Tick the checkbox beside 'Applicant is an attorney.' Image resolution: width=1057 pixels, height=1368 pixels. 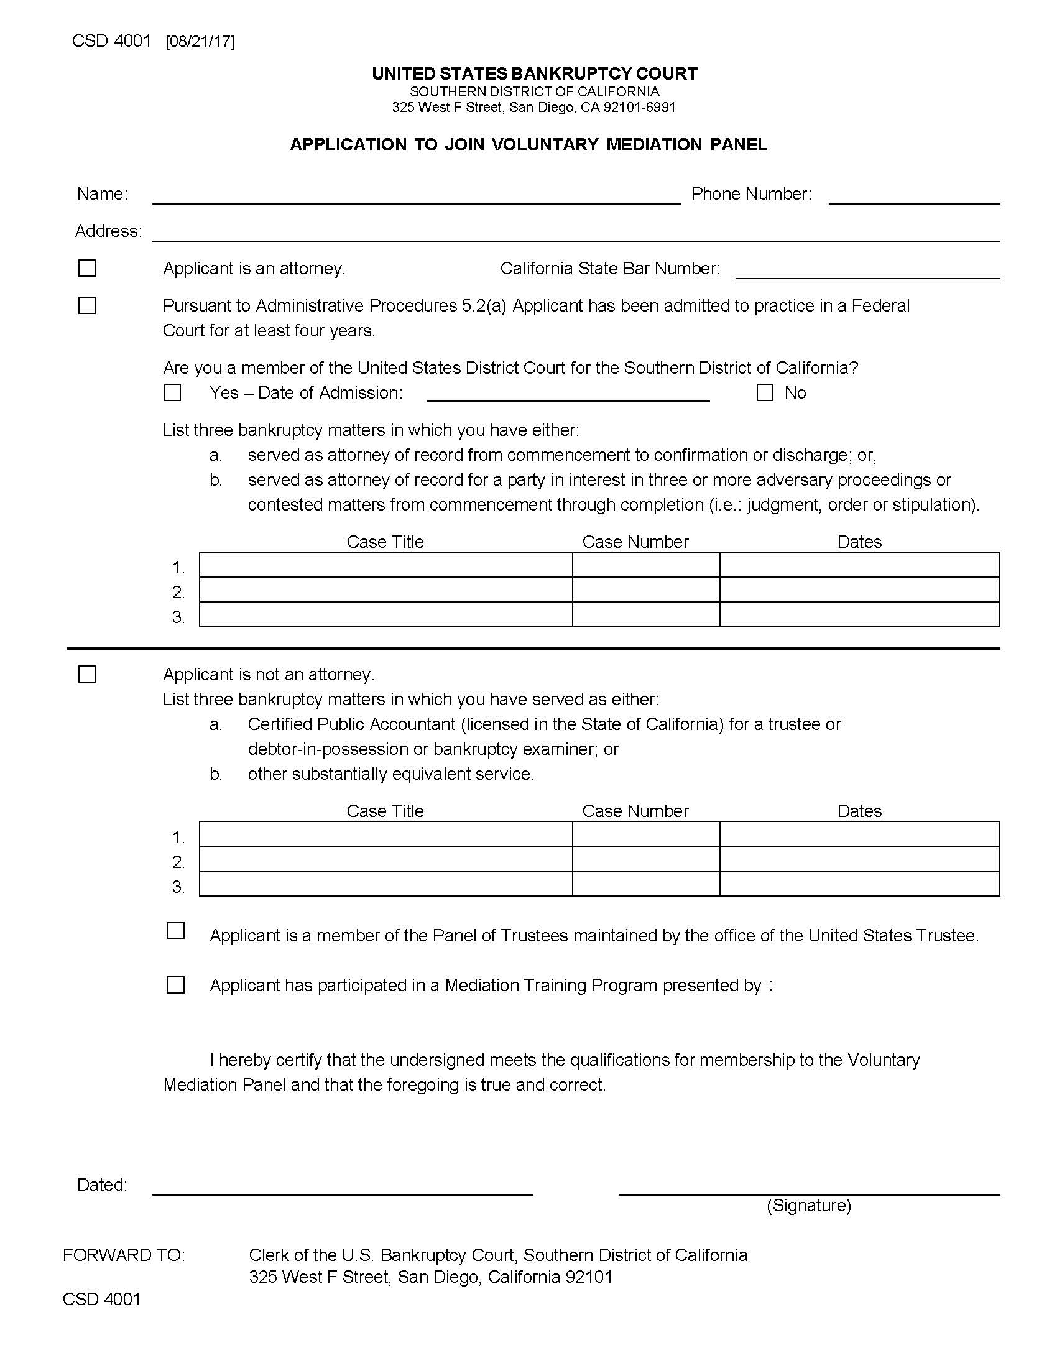click(87, 268)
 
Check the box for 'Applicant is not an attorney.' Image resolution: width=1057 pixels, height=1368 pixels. click(87, 674)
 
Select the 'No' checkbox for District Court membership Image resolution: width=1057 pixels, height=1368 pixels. click(765, 393)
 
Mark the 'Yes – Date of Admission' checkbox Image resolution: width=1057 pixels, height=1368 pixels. click(172, 393)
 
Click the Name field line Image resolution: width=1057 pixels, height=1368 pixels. click(417, 195)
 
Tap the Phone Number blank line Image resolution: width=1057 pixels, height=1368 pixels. click(913, 195)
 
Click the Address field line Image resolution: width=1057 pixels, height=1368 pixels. click(576, 233)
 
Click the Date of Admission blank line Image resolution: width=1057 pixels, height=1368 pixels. click(567, 394)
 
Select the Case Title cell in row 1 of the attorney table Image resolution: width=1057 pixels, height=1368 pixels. click(385, 565)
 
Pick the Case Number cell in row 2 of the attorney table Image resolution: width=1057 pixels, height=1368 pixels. click(645, 590)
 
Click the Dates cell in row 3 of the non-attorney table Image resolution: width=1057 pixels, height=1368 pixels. click(859, 884)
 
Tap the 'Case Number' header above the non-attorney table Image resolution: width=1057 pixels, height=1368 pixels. click(635, 811)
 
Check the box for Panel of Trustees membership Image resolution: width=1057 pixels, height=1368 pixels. click(176, 930)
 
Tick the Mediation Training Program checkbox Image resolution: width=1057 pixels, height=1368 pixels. click(176, 986)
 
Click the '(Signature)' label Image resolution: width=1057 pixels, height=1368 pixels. click(808, 1205)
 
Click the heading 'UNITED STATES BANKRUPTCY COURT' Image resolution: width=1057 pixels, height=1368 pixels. click(534, 74)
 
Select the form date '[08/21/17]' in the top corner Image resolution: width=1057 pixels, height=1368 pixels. click(200, 42)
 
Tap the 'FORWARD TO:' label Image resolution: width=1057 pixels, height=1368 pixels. click(124, 1255)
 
